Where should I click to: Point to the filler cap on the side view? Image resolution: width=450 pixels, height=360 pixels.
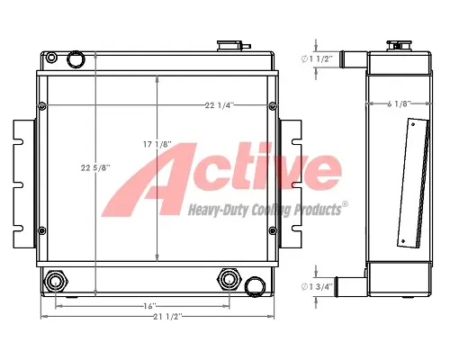pyautogui.click(x=396, y=45)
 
